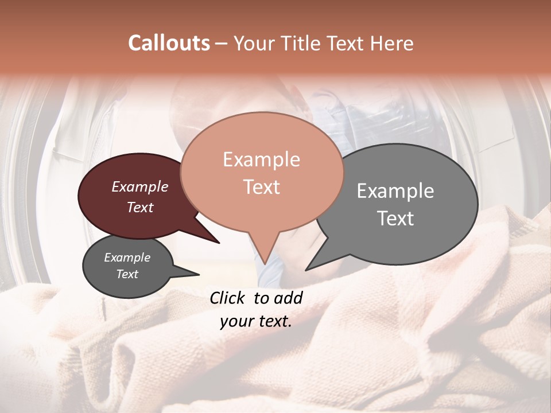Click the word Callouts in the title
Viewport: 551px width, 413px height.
169,43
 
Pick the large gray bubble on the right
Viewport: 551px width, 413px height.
442,241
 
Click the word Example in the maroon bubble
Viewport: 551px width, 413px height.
140,187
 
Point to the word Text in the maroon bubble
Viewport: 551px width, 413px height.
140,207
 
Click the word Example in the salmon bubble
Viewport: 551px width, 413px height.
261,159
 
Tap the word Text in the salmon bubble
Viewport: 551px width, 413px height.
261,187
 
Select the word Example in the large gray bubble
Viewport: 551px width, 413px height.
395,191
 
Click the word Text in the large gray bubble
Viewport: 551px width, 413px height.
395,219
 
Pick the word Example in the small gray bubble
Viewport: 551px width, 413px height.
127,258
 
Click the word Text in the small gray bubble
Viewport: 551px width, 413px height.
127,274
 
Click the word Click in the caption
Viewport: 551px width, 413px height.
229,298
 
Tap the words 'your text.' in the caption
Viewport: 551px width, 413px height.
256,321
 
